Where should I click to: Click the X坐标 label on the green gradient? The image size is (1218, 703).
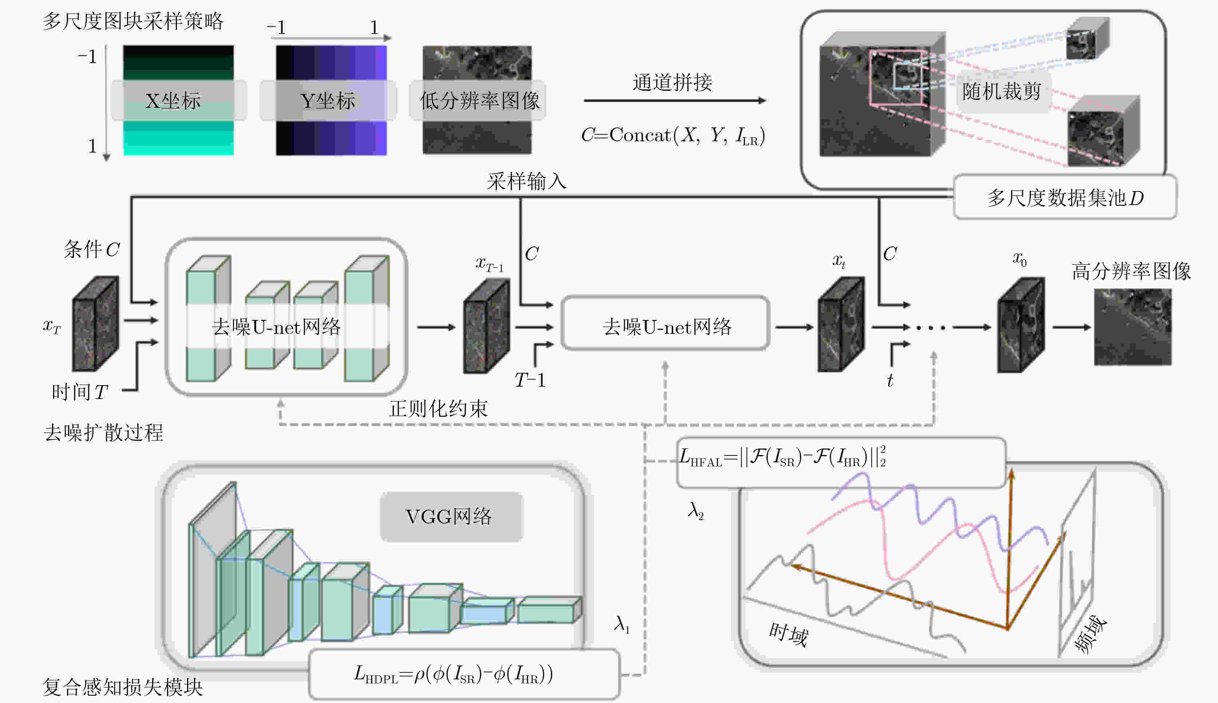pos(173,101)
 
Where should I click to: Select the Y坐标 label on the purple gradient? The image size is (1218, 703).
pos(328,101)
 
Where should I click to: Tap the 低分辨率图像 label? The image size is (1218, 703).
pos(479,101)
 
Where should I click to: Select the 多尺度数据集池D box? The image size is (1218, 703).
pos(1064,197)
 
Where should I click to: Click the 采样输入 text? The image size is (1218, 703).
pos(526,182)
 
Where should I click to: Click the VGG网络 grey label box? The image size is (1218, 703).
pos(450,517)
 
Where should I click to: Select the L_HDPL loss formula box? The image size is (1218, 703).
pos(463,674)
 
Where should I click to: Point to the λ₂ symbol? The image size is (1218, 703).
pos(696,511)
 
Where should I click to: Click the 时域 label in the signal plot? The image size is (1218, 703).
pos(788,635)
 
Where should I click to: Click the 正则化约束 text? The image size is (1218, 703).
pos(438,408)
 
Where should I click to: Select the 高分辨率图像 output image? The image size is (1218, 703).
pos(1132,327)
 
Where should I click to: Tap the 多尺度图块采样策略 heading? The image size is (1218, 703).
pos(133,21)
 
